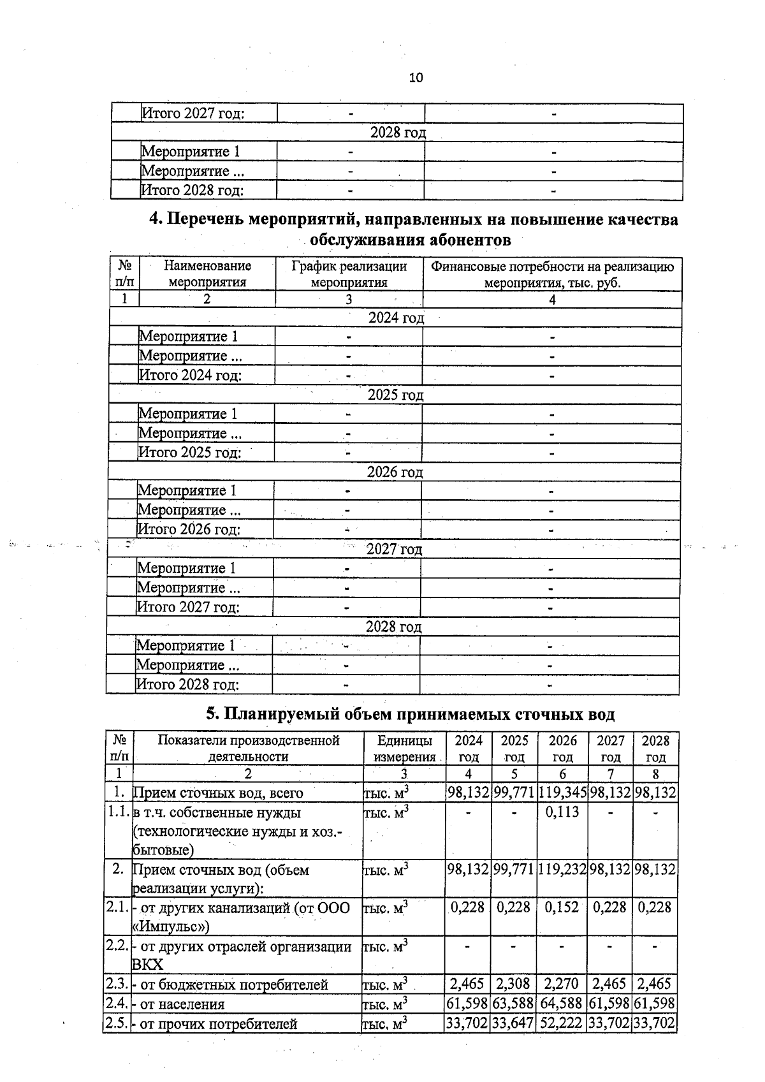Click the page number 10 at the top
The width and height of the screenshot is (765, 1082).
(x=415, y=78)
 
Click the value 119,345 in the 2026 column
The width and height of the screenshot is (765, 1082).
(x=562, y=793)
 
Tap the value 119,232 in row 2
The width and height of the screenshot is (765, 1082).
(x=562, y=870)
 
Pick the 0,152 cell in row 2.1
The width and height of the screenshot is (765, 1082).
(x=562, y=907)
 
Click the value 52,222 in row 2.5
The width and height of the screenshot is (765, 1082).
(x=562, y=1023)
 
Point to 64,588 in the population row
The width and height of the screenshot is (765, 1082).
(x=562, y=1004)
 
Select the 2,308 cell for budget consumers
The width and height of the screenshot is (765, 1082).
(x=513, y=984)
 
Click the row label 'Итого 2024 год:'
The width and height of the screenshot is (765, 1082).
(x=190, y=375)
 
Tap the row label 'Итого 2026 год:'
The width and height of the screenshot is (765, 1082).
(x=189, y=529)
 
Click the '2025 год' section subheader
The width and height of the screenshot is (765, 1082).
(x=395, y=395)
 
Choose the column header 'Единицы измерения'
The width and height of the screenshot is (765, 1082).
(x=404, y=749)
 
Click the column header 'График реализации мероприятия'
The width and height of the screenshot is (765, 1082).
(x=349, y=274)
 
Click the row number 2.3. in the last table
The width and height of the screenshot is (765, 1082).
(x=117, y=984)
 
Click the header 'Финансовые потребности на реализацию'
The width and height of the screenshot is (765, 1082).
(x=552, y=267)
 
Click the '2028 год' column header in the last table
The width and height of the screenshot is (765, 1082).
(x=655, y=749)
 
